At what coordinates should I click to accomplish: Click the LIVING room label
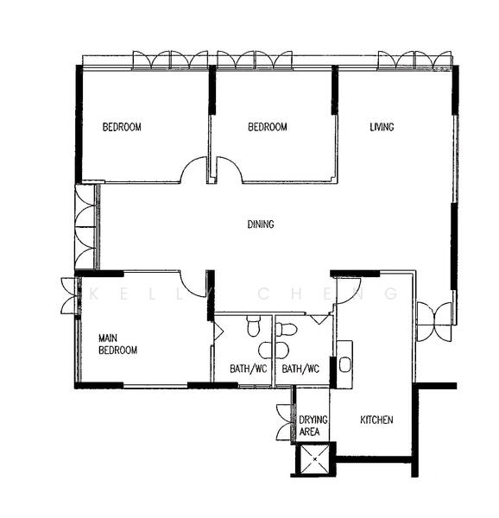(x=382, y=128)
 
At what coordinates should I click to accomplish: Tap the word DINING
(x=261, y=224)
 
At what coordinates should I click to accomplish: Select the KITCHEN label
(x=376, y=420)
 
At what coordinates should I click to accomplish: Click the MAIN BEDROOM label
(x=117, y=344)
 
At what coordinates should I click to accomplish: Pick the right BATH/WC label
(x=300, y=370)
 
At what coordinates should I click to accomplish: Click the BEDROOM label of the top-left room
(x=122, y=128)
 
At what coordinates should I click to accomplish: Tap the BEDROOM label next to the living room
(x=268, y=128)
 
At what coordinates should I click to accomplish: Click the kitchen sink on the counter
(x=344, y=363)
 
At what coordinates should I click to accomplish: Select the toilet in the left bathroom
(x=252, y=326)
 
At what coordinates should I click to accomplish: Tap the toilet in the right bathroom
(x=287, y=329)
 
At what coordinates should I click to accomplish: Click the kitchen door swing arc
(x=351, y=291)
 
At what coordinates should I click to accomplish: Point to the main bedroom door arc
(x=193, y=282)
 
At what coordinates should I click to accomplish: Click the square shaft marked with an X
(x=314, y=459)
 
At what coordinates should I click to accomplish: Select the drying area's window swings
(x=284, y=421)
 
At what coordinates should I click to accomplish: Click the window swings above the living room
(x=414, y=60)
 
